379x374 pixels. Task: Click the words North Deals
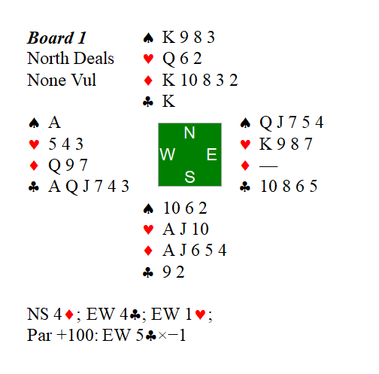click(x=71, y=59)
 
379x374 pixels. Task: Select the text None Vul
click(x=63, y=80)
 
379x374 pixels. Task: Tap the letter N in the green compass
click(x=189, y=133)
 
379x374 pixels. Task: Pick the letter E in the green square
click(x=211, y=154)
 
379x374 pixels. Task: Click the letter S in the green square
click(x=189, y=177)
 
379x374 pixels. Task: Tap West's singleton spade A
click(x=53, y=123)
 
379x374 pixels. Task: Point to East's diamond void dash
click(x=267, y=166)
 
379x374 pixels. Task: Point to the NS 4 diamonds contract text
click(x=53, y=314)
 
